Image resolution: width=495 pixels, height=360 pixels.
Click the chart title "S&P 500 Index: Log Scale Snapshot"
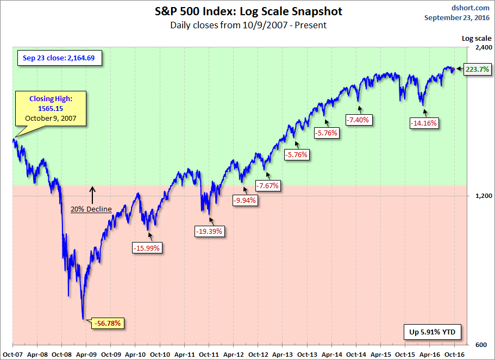pos(248,11)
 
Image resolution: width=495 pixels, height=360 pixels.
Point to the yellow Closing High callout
pos(50,108)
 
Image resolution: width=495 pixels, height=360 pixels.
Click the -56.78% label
pos(109,323)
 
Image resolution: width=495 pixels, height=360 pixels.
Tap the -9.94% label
pos(245,200)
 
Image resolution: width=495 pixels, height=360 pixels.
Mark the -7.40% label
pos(358,120)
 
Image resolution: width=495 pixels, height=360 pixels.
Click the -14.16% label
pos(424,123)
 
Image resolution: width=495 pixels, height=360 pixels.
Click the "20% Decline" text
pos(91,209)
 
